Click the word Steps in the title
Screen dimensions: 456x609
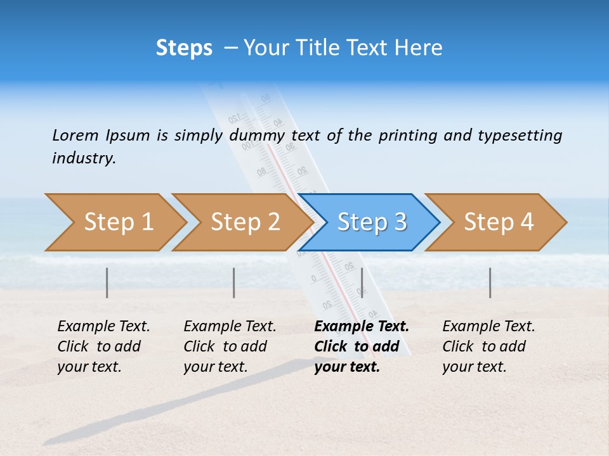[184, 48]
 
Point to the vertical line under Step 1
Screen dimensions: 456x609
[107, 282]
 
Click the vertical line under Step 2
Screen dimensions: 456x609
[234, 282]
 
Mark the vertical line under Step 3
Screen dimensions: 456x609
[362, 282]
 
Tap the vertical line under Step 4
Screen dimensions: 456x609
[490, 282]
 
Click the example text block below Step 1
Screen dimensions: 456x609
[103, 346]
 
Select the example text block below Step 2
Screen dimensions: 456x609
[230, 346]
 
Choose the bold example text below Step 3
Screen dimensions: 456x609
[361, 346]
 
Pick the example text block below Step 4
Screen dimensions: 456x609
[488, 346]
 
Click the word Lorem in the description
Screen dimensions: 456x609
[75, 136]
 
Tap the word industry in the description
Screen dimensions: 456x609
[84, 158]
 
